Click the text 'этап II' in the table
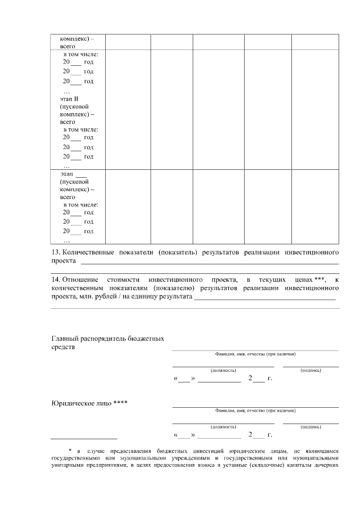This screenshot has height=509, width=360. coord(71,99)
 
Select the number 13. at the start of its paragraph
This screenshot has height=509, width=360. coord(56,251)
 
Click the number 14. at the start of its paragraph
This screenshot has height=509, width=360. coord(56,279)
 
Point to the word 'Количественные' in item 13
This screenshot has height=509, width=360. coord(88,251)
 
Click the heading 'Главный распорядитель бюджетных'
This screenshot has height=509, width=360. coord(107,339)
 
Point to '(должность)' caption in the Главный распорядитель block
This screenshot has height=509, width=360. coord(223,371)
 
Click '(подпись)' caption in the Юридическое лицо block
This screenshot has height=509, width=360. coord(310,427)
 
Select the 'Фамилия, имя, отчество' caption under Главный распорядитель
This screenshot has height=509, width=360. coord(255,354)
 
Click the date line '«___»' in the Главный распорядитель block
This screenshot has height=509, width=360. coord(184,378)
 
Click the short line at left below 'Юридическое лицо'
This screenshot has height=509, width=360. coord(84,438)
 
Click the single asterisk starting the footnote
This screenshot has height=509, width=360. coord(63,451)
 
